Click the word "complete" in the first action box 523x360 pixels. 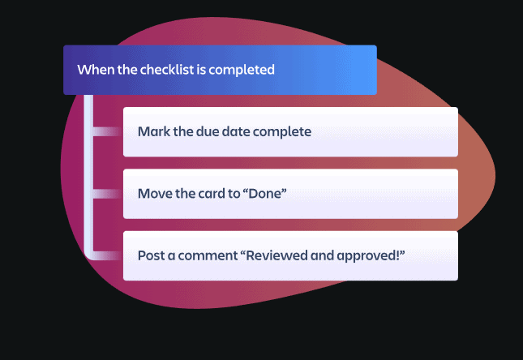(x=282, y=132)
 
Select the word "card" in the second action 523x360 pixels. (x=212, y=194)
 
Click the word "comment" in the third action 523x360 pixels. (x=208, y=256)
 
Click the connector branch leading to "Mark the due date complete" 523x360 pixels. (x=107, y=131)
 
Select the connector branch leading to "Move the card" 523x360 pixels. (x=107, y=194)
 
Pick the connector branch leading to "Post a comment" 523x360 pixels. (x=107, y=255)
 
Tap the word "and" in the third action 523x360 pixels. (x=322, y=255)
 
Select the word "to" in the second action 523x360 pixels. (x=234, y=194)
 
